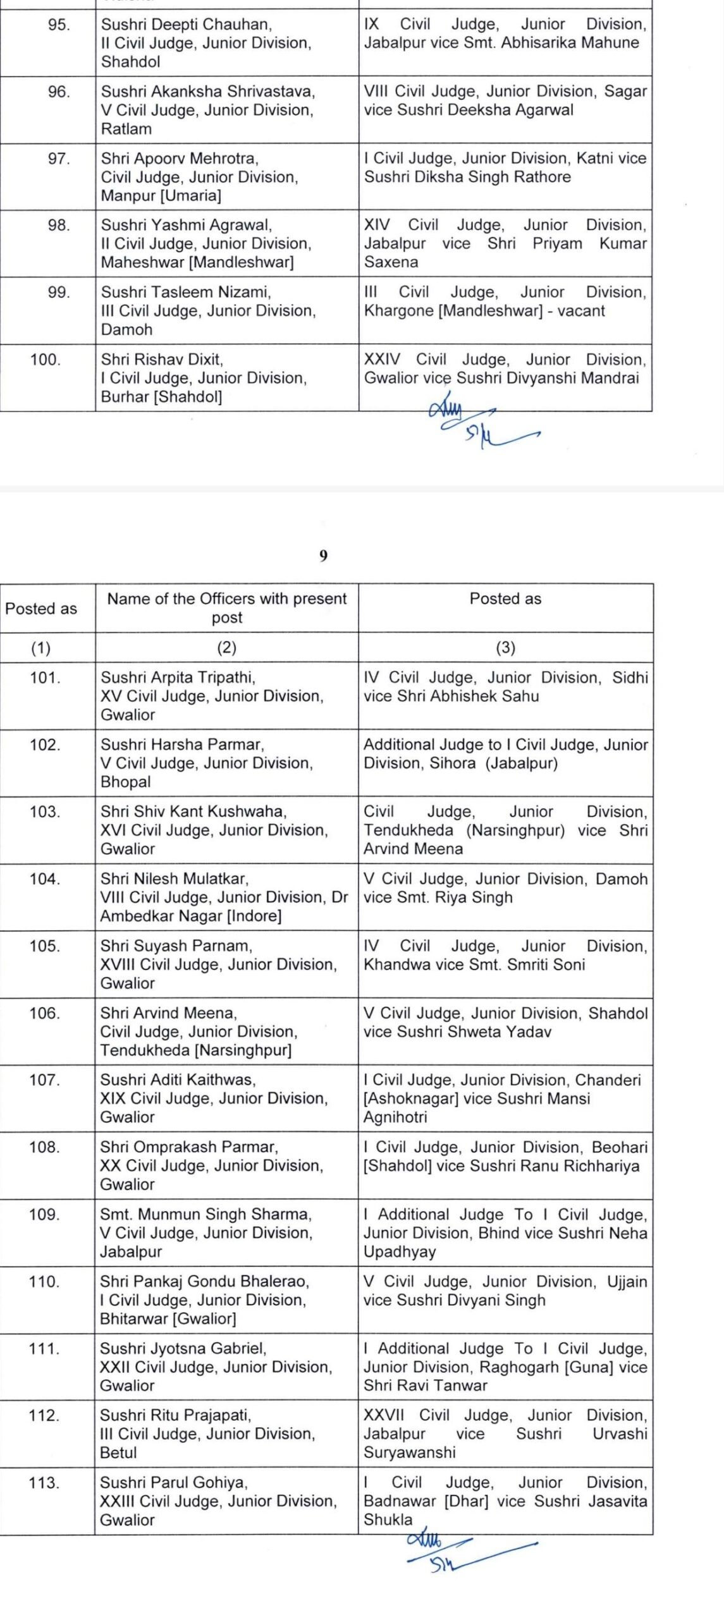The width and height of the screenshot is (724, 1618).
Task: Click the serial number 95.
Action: coord(58,25)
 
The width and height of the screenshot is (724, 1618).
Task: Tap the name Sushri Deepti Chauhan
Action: coord(186,25)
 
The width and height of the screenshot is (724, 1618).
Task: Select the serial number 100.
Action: coord(46,360)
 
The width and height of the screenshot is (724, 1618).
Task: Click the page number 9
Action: coord(324,556)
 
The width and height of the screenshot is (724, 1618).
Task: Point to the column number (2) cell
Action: coord(227,647)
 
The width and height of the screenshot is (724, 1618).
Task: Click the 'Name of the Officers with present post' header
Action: coord(227,607)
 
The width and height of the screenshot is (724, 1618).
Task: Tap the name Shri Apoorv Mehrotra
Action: coord(180,158)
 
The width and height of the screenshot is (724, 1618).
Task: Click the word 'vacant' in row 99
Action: coord(581,311)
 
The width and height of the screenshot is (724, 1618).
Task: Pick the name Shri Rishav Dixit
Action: coord(162,360)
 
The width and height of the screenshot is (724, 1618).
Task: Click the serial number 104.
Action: coord(46,879)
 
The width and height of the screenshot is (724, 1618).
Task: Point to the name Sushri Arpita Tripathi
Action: coord(178,678)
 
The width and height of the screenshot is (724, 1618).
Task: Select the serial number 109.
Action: coord(46,1214)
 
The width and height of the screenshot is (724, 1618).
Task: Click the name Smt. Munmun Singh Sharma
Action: coord(206,1214)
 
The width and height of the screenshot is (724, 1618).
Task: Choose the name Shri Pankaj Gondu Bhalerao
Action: coord(205,1281)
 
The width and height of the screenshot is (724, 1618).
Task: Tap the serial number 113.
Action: coord(44,1482)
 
